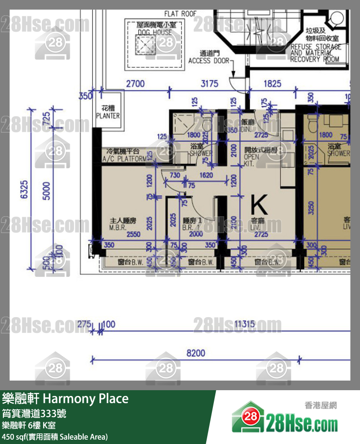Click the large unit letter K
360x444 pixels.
pyautogui.click(x=259, y=205)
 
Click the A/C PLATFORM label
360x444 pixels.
pyautogui.click(x=124, y=155)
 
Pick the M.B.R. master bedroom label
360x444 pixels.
pyautogui.click(x=123, y=224)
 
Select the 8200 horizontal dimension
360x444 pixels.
pyautogui.click(x=195, y=353)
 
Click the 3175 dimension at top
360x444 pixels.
pyautogui.click(x=209, y=84)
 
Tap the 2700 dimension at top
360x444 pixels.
pyautogui.click(x=135, y=84)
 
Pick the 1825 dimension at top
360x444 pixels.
pyautogui.click(x=273, y=84)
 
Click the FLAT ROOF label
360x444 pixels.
pyautogui.click(x=180, y=14)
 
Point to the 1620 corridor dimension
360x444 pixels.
pyautogui.click(x=205, y=175)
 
